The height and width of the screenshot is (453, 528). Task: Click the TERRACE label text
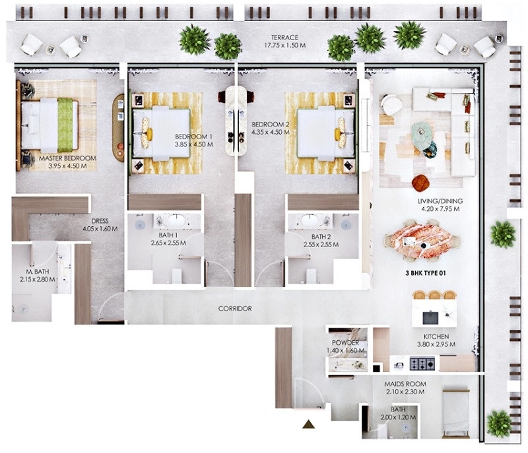(x=285, y=38)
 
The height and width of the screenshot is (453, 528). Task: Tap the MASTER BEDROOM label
(x=67, y=158)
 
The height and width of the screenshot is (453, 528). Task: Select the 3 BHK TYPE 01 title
(x=426, y=273)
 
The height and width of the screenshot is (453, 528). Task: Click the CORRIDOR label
(x=235, y=309)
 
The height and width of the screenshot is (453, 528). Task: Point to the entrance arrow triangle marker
(x=308, y=425)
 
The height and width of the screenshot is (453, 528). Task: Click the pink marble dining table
(x=423, y=240)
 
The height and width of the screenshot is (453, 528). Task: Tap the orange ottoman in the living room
(x=420, y=182)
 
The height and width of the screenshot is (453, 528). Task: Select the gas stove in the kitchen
(x=422, y=363)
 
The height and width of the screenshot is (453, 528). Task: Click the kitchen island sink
(x=430, y=317)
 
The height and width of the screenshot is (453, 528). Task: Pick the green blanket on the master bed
(x=65, y=125)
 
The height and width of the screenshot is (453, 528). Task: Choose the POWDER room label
(x=345, y=343)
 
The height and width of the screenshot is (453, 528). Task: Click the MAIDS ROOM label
(x=405, y=384)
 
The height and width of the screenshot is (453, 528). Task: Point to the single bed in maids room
(x=456, y=413)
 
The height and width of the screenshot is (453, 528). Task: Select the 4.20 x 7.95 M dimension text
(x=440, y=209)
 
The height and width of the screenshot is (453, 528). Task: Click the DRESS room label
(x=100, y=221)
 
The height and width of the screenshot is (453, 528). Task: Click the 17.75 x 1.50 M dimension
(x=285, y=45)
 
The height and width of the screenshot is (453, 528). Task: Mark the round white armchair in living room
(x=391, y=104)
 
